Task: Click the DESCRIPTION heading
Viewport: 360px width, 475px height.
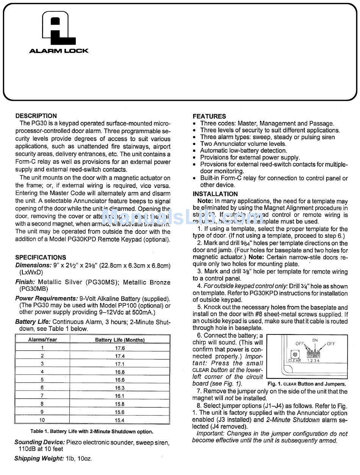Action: [x=36, y=116]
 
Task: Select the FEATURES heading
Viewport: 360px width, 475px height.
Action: [x=209, y=116]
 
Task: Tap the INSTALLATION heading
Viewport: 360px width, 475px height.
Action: [x=215, y=194]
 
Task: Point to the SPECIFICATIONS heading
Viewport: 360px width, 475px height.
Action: [x=41, y=258]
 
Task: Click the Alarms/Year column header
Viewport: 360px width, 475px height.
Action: [x=42, y=340]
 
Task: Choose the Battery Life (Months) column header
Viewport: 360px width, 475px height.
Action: [x=120, y=340]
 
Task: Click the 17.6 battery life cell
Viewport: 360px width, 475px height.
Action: [x=120, y=348]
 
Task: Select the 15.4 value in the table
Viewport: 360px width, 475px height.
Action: [x=120, y=420]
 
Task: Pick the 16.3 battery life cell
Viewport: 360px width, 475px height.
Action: [x=120, y=388]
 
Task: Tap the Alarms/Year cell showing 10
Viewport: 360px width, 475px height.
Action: [x=42, y=420]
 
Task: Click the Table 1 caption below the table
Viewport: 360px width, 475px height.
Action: [x=92, y=431]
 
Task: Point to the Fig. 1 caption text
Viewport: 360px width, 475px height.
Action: [x=307, y=384]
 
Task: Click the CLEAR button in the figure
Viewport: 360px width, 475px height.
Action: [x=294, y=355]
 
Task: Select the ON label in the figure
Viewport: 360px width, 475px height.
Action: [x=315, y=340]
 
